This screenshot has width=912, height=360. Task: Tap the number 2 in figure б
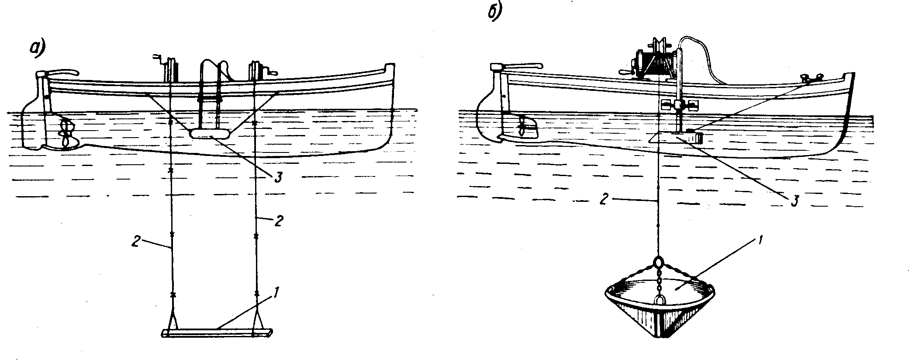pyautogui.click(x=604, y=200)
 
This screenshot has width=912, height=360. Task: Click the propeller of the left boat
pyautogui.click(x=67, y=135)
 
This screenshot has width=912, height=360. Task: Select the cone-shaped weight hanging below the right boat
pyautogui.click(x=659, y=308)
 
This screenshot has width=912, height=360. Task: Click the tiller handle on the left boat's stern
pyautogui.click(x=63, y=74)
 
